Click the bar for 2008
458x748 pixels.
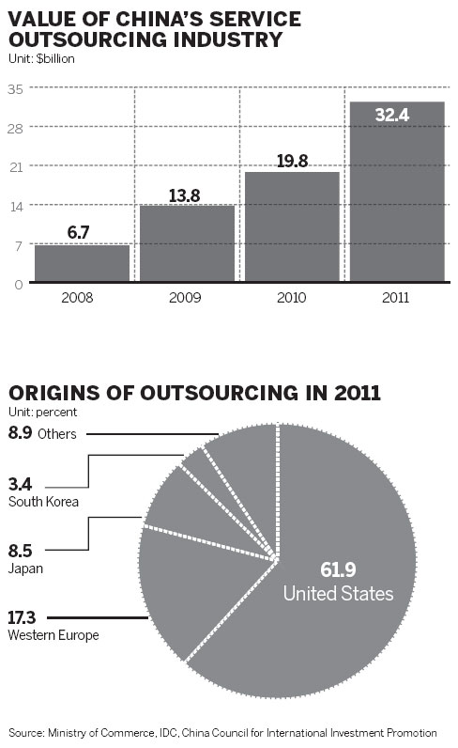pyautogui.click(x=82, y=262)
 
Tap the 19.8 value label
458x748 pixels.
pyautogui.click(x=292, y=161)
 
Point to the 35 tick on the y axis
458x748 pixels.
pyautogui.click(x=16, y=87)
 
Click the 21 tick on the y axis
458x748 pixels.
pyautogui.click(x=16, y=166)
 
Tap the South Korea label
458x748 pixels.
pyautogui.click(x=42, y=502)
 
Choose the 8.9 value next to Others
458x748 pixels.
pyautogui.click(x=20, y=433)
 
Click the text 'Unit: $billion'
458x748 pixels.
pyautogui.click(x=41, y=58)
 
